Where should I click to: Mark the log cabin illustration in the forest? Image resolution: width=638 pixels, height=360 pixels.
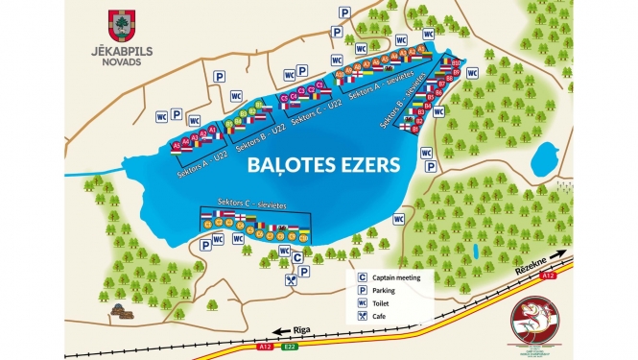click(120, 309)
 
